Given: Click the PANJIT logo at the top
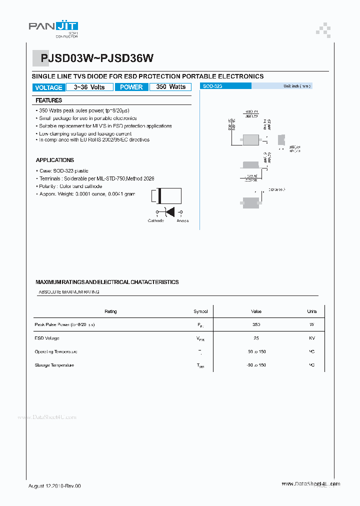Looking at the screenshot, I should tap(53, 28).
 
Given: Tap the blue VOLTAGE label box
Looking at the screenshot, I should tap(49, 87).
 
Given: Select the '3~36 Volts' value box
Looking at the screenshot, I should tap(89, 87).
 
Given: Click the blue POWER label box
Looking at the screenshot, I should tap(131, 87).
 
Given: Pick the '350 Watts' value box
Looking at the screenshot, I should tap(170, 87).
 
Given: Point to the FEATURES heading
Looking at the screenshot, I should tap(49, 100).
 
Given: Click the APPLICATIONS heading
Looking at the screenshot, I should tap(55, 160).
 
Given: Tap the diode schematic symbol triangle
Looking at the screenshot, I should tap(169, 212).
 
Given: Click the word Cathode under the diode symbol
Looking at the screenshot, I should tap(155, 220).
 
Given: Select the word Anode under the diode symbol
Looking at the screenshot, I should tap(182, 220).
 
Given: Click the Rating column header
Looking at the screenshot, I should tap(110, 311).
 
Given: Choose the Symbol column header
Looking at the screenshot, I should tap(200, 311).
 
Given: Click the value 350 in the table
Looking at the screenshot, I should tap(256, 324).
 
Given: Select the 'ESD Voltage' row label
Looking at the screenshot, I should tap(47, 338).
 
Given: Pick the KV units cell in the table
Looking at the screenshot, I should tap(311, 338).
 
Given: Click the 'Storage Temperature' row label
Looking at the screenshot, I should tap(54, 365).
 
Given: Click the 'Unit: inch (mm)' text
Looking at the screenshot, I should tap(297, 86).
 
